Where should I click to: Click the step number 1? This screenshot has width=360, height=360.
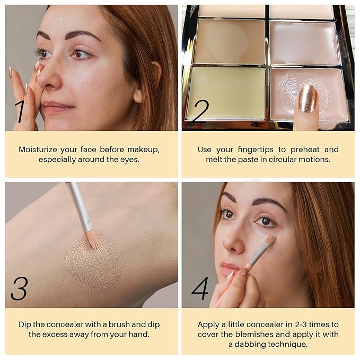[20, 111]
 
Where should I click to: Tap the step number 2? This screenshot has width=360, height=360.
[200, 111]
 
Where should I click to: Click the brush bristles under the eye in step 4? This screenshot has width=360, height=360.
[270, 240]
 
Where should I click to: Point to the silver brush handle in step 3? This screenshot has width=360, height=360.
[80, 204]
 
